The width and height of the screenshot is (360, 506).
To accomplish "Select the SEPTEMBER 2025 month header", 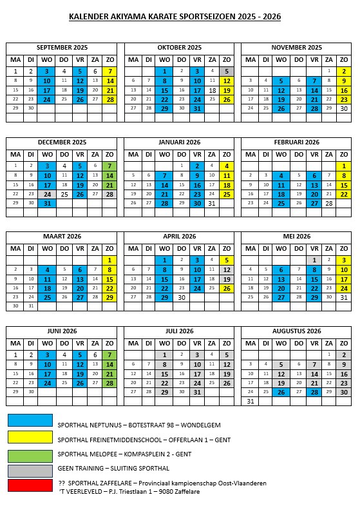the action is tap(62, 47).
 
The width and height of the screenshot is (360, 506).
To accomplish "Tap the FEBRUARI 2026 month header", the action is tap(296, 142).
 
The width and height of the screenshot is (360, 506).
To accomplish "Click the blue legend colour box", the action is tap(30, 420).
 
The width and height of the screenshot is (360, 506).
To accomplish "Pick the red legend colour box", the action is tap(30, 485).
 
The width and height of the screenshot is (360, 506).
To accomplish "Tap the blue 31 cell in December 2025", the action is tap(46, 203).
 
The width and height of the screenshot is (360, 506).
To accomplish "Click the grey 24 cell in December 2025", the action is tap(46, 193).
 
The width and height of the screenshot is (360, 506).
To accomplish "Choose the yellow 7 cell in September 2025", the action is tap(110, 71).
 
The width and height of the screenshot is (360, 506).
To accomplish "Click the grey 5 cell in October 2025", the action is tap(227, 71).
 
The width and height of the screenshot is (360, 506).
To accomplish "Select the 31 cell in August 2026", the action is tap(250, 400).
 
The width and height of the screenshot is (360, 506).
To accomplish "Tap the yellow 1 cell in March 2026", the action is tap(110, 260).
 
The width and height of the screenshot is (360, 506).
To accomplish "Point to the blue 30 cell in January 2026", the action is tap(197, 203).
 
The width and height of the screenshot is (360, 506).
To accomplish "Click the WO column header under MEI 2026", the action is tap(281, 249).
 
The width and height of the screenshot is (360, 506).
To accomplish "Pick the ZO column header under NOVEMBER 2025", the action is tap(344, 59).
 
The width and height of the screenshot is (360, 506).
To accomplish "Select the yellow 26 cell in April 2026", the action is tap(227, 288).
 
